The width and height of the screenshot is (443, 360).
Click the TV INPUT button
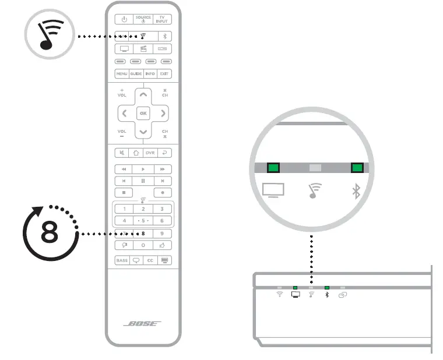tap(163, 19)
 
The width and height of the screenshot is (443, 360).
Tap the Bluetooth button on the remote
tap(164, 35)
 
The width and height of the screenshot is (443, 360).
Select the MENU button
tap(122, 74)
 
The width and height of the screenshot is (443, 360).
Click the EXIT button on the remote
tap(164, 74)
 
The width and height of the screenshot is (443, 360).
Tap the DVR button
tap(150, 153)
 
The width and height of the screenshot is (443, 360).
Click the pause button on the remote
tap(143, 181)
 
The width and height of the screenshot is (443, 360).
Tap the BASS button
tap(122, 260)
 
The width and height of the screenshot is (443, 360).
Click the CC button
tap(150, 260)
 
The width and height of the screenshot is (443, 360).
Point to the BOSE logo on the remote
tap(143, 324)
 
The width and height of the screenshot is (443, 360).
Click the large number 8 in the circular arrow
tap(49, 234)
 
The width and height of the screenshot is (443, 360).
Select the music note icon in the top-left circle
tap(51, 36)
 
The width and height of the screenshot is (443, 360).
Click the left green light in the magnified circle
tap(273, 168)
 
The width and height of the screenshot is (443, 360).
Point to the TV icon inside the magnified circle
tap(273, 191)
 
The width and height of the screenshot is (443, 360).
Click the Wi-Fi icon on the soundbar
tap(280, 295)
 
